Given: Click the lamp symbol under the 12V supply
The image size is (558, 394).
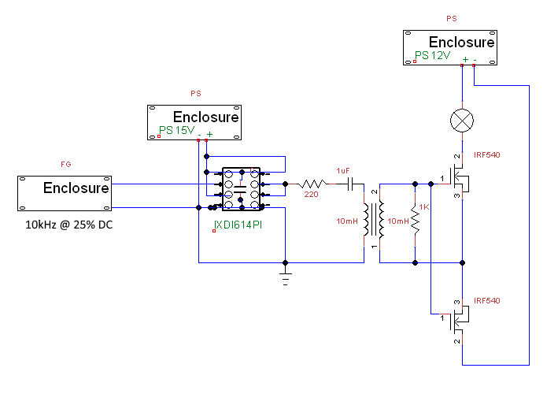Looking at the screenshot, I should [461, 121].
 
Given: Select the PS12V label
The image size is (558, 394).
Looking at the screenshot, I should [433, 56].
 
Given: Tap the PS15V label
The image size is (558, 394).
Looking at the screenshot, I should [177, 130].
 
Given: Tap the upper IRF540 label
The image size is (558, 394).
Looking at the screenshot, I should [487, 154].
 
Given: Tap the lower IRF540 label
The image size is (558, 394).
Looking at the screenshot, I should [487, 301].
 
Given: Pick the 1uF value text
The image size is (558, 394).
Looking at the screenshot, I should [343, 170].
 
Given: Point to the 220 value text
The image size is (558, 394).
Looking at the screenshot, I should [311, 195].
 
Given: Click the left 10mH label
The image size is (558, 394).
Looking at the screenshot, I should [347, 221].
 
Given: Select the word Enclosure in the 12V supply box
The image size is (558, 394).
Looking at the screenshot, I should [462, 43].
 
